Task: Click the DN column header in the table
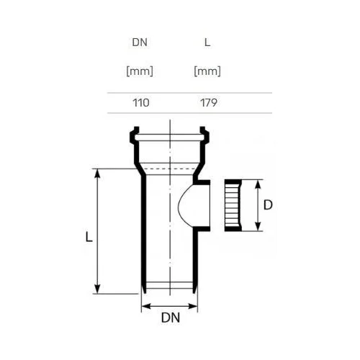(140, 42)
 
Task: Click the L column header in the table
(207, 42)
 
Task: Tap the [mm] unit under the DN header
(140, 71)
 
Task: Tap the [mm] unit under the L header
(207, 71)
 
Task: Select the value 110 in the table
(141, 103)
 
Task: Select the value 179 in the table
(209, 103)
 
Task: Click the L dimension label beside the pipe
(89, 237)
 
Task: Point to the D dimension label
(268, 205)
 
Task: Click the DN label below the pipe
(171, 318)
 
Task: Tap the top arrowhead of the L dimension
(97, 174)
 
